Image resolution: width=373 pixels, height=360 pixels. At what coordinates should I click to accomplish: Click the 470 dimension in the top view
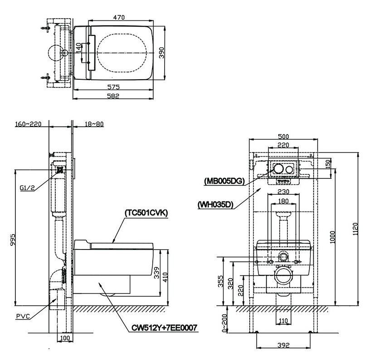[x=119, y=17]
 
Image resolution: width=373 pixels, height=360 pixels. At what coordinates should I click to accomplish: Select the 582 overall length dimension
[x=118, y=95]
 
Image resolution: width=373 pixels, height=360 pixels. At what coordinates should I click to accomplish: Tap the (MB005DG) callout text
[x=224, y=181]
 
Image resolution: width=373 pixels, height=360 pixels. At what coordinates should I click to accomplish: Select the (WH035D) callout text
[x=215, y=204]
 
